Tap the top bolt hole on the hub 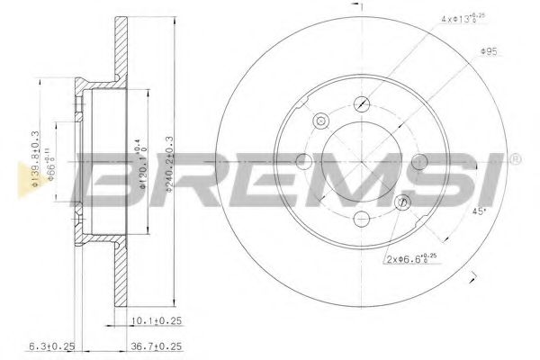pyautogui.click(x=362, y=103)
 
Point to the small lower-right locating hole pyautogui.click(x=402, y=202)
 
